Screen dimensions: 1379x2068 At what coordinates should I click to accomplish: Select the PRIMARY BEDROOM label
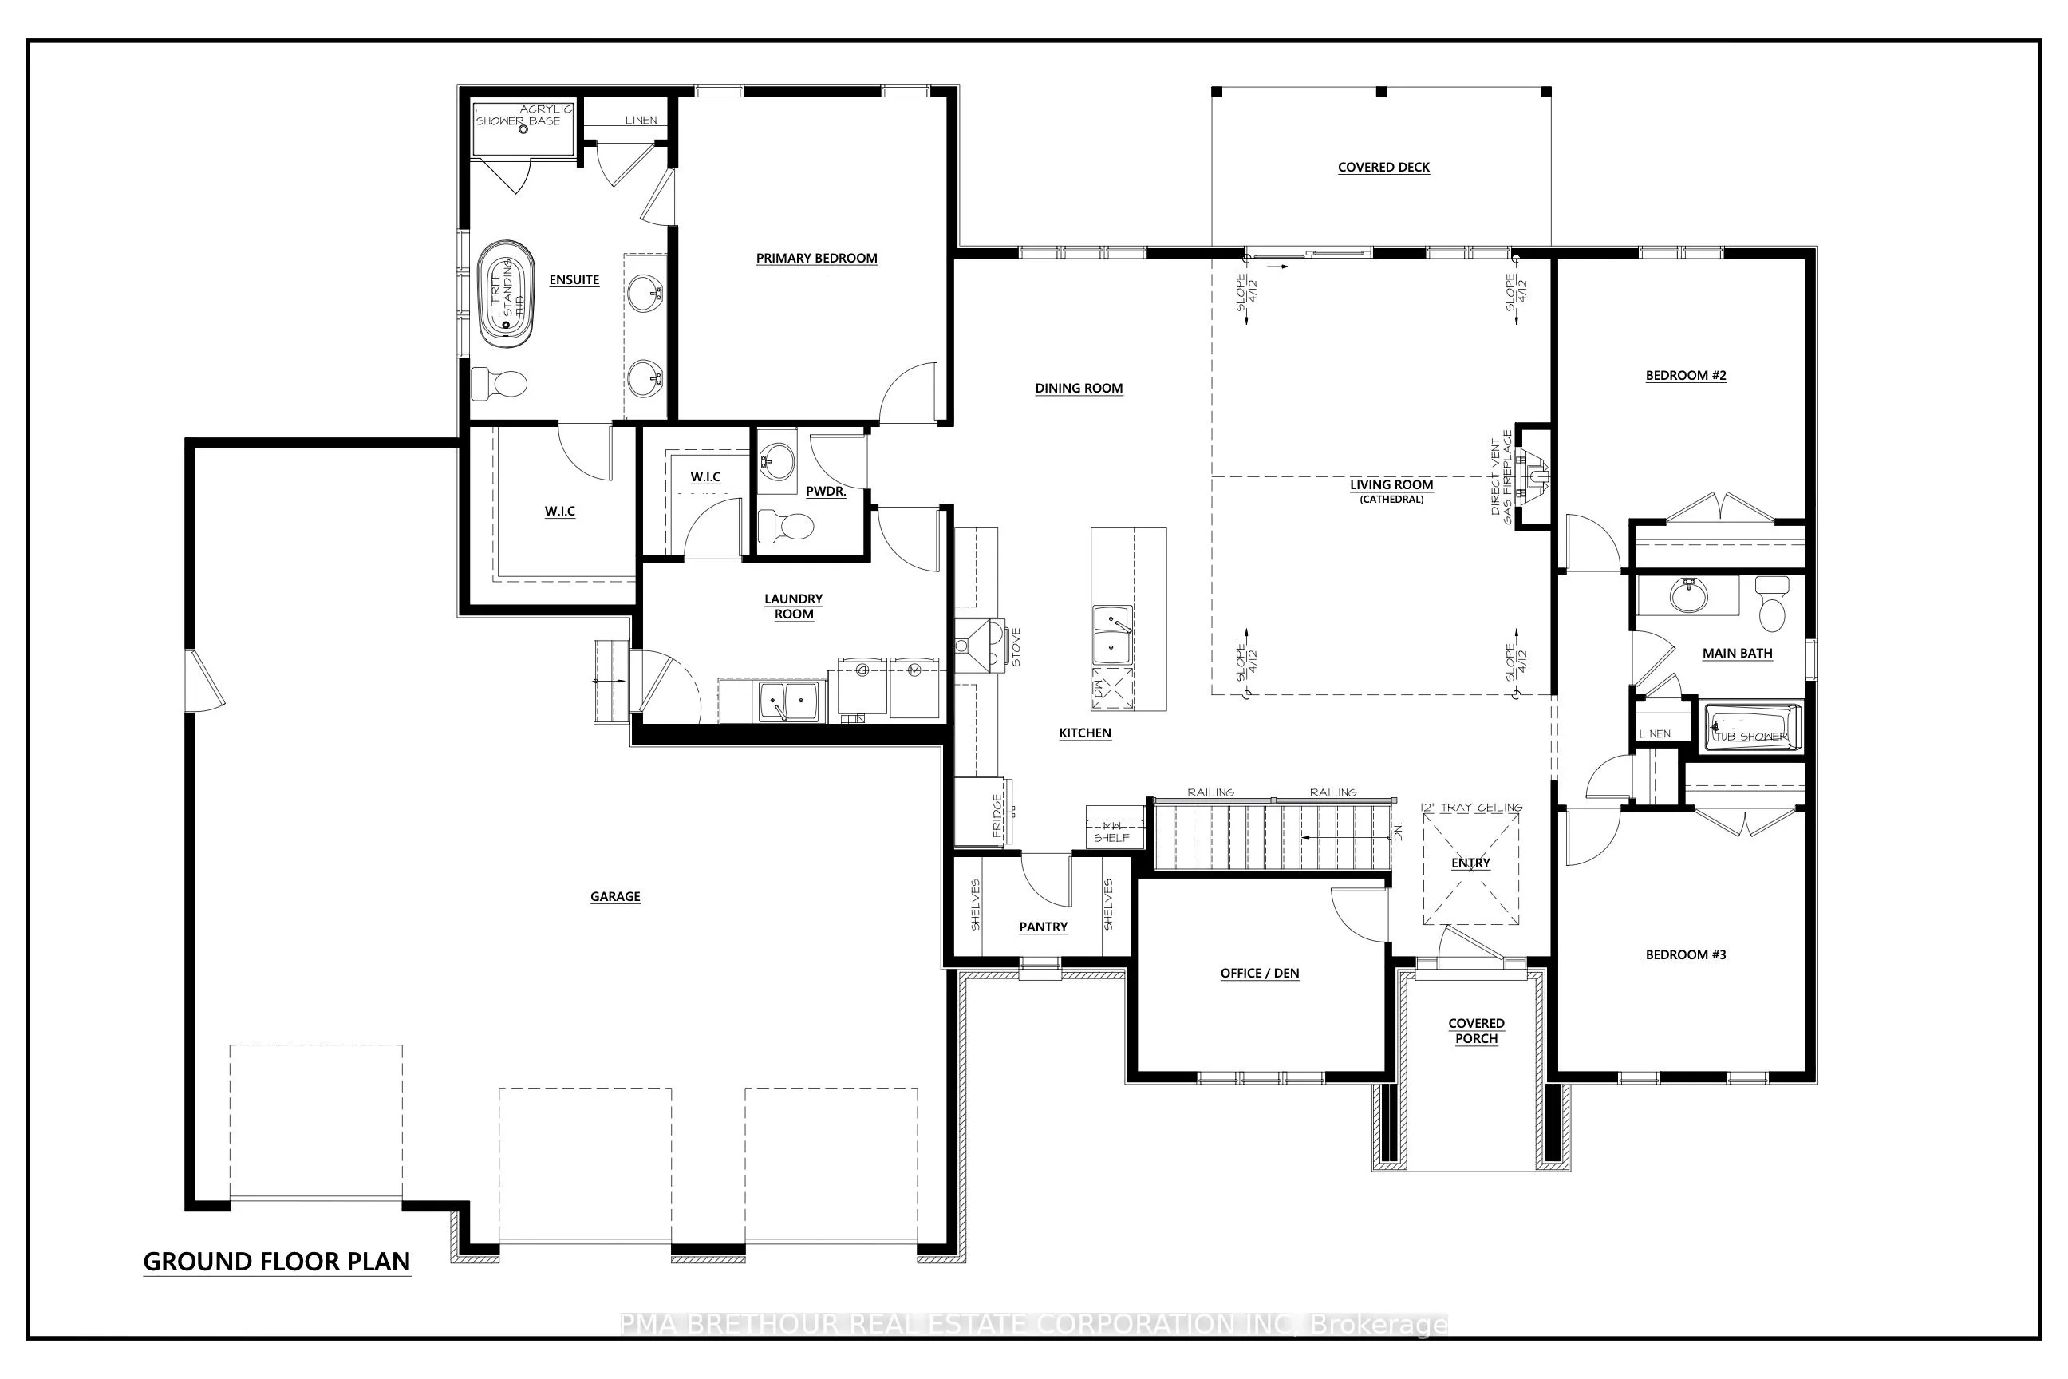816,258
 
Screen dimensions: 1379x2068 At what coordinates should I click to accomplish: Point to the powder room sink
776,460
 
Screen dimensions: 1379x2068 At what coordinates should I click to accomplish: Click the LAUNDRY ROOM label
793,606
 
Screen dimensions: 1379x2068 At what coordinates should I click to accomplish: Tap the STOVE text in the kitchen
1016,646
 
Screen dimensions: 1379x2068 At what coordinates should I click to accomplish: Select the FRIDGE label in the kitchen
997,816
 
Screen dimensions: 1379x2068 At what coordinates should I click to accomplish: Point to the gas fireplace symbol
1534,476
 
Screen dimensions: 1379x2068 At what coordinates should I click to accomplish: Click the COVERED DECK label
1383,167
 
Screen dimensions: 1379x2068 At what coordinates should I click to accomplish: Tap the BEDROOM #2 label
1685,376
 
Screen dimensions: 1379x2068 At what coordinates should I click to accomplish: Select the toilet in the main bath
1772,603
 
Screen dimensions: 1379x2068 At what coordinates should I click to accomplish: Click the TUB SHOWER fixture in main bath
1751,728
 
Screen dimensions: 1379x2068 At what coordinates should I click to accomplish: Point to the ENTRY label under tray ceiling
1470,863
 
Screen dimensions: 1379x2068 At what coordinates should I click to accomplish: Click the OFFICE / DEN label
1259,973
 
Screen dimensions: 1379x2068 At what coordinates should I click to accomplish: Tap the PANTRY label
1043,927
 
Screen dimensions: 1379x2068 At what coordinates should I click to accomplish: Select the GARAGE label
614,896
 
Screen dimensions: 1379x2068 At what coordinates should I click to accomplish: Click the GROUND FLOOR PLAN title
276,1262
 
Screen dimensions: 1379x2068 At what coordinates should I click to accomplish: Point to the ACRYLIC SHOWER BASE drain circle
523,129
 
